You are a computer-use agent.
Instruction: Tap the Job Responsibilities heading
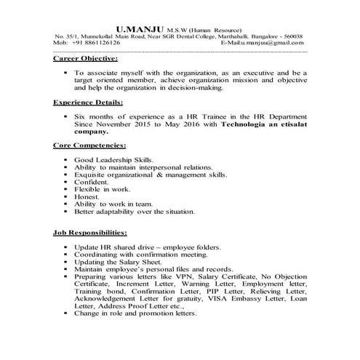(91, 233)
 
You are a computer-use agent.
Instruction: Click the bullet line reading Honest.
(87, 196)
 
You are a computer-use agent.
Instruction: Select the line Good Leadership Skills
(113, 159)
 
